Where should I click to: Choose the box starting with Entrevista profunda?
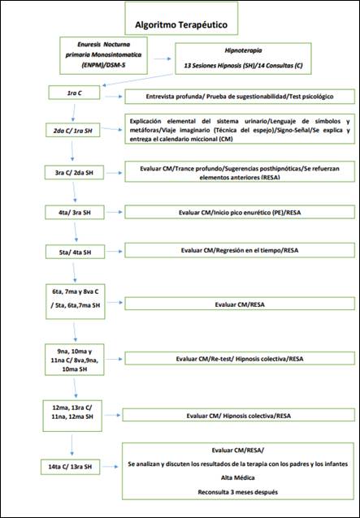(x=238, y=97)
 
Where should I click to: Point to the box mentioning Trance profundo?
(x=238, y=172)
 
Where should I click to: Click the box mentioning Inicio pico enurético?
(x=238, y=213)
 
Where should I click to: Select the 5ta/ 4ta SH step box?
(x=74, y=252)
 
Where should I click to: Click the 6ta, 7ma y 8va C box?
(x=75, y=297)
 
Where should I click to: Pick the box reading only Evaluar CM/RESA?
(x=238, y=304)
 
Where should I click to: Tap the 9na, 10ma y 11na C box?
(x=75, y=358)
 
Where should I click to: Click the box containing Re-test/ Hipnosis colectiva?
(x=238, y=358)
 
